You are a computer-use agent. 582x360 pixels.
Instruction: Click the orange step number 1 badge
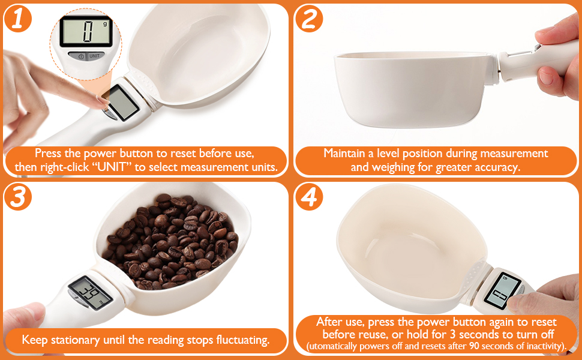point(18,18)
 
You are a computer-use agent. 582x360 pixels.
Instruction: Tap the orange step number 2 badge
point(309,18)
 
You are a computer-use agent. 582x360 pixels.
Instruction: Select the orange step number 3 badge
point(18,197)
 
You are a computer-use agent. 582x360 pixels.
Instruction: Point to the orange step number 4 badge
point(309,197)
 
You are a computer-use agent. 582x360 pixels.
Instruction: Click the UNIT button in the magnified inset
point(94,56)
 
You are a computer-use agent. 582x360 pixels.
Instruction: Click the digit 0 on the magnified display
point(88,32)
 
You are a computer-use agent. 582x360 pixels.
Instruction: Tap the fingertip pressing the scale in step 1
point(100,101)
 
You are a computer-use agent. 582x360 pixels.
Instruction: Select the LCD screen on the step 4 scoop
point(502,290)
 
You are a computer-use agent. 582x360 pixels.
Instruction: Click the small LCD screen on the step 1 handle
point(121,102)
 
